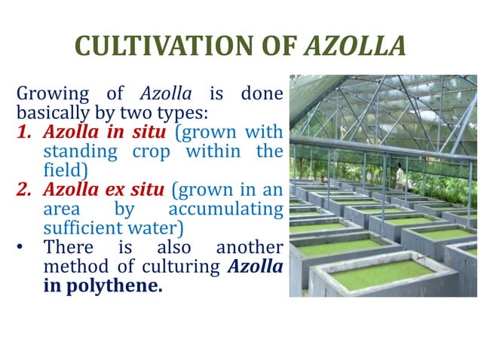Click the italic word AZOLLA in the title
point(354,47)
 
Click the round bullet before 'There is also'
point(23,247)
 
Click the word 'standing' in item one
point(75,151)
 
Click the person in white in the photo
point(400,177)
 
